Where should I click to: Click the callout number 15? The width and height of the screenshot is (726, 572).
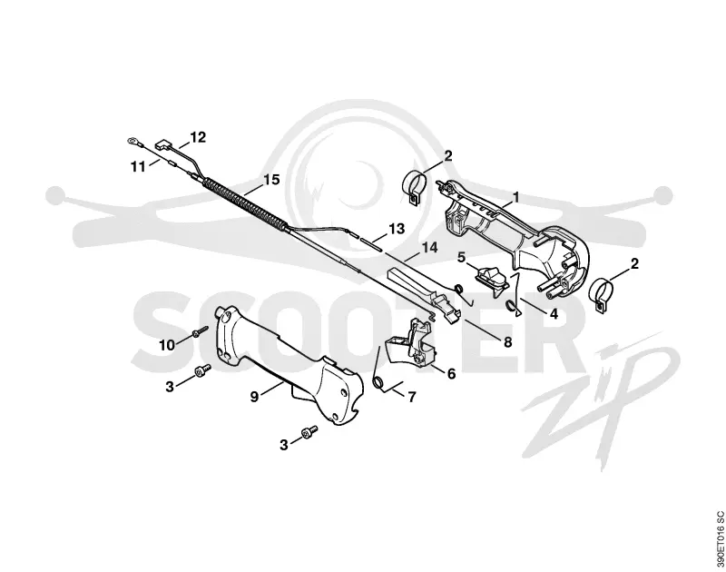pyautogui.click(x=271, y=180)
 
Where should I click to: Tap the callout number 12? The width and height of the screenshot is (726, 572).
pyautogui.click(x=198, y=138)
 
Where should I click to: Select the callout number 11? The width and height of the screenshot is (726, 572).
pyautogui.click(x=138, y=167)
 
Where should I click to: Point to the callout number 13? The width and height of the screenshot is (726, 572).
pyautogui.click(x=397, y=229)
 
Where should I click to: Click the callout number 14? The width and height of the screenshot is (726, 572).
pyautogui.click(x=429, y=248)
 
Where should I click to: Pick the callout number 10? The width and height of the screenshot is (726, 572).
pyautogui.click(x=167, y=345)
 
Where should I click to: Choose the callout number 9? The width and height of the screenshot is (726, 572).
pyautogui.click(x=254, y=397)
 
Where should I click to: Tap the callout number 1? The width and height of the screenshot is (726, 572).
pyautogui.click(x=515, y=198)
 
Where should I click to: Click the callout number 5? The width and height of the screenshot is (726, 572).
pyautogui.click(x=461, y=258)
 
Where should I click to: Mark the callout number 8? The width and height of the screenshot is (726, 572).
pyautogui.click(x=508, y=342)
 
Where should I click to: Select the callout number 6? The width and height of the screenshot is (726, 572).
pyautogui.click(x=451, y=373)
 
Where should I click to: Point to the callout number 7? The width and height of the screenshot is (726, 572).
pyautogui.click(x=412, y=397)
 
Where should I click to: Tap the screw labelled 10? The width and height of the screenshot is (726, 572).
pyautogui.click(x=201, y=331)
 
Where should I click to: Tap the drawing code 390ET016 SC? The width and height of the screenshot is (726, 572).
pyautogui.click(x=719, y=539)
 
